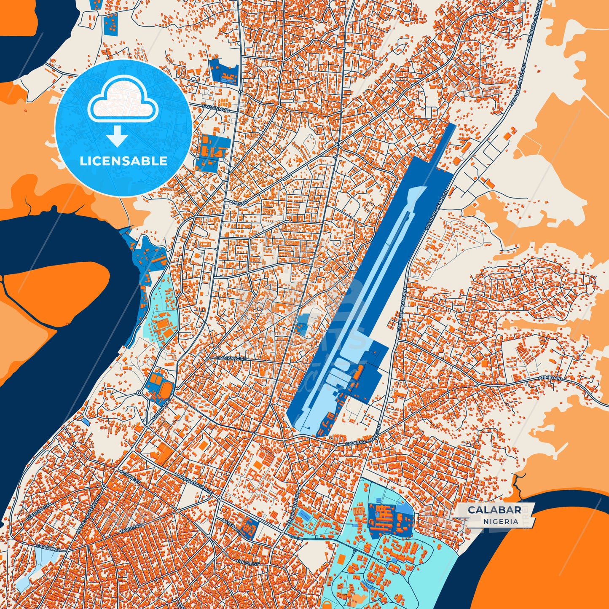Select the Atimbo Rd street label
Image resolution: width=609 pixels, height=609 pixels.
click(x=550, y=379)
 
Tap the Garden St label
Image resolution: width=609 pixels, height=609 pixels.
click(x=45, y=546)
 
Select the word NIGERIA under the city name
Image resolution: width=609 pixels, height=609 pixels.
click(x=501, y=521)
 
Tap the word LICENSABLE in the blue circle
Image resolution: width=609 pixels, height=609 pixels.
click(x=123, y=161)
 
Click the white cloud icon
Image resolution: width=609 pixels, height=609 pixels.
click(x=123, y=99)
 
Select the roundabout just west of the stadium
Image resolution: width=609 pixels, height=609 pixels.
click(x=140, y=393)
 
